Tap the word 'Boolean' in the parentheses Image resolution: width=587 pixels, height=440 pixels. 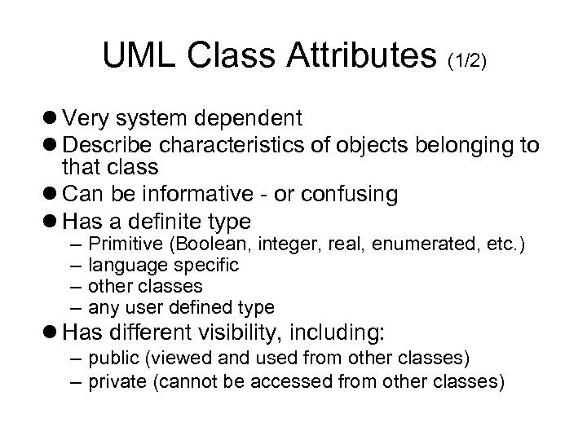(191, 244)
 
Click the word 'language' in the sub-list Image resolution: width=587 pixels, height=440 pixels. (120, 266)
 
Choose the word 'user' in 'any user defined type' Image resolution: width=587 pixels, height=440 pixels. (139, 308)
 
